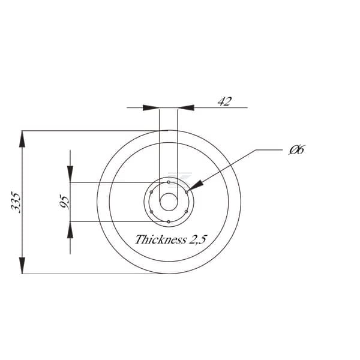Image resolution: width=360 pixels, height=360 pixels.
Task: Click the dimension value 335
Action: point(16,203)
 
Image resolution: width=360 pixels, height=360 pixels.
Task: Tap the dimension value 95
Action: point(64,202)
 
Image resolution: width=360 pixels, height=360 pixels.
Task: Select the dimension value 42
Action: point(225,101)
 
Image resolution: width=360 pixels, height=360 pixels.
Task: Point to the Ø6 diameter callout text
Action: point(296,150)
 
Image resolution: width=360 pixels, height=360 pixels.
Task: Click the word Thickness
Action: point(161,239)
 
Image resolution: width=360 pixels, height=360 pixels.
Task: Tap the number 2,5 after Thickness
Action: point(197,240)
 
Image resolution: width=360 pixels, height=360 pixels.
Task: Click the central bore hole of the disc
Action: point(169,202)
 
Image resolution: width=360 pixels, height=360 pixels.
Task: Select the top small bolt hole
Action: point(169,182)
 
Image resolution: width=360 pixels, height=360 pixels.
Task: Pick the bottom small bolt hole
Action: point(169,222)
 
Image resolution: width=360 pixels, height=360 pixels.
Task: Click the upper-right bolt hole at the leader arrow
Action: point(187,192)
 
